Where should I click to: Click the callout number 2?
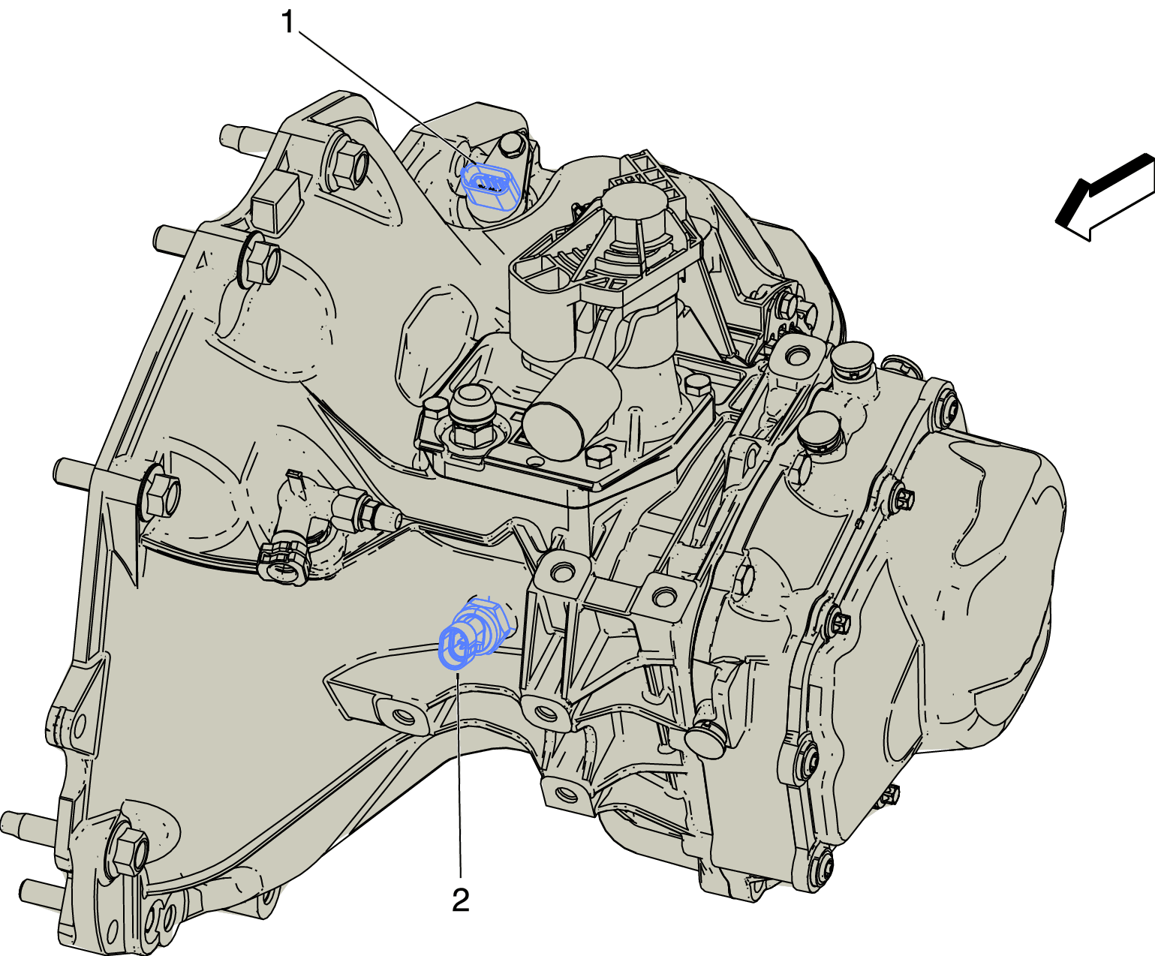click(x=460, y=900)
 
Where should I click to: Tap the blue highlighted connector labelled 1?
click(x=492, y=188)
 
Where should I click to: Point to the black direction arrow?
click(x=1105, y=197)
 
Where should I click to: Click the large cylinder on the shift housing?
click(x=571, y=409)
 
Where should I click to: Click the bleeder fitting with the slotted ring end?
click(x=284, y=562)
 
